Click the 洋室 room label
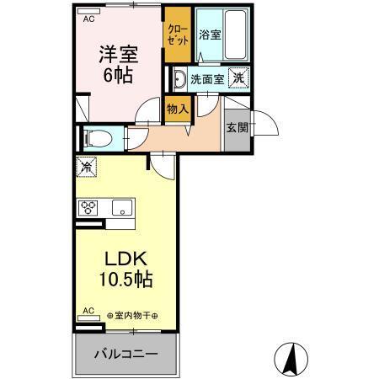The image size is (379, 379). point(118,54)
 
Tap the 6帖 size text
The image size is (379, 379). point(118,73)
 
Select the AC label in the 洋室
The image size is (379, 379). point(88,15)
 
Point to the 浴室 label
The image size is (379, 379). point(210,35)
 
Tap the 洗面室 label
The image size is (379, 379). point(206,80)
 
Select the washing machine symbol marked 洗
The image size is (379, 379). point(239,78)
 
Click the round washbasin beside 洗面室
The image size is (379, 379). point(179,80)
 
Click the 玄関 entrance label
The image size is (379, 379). point(236,127)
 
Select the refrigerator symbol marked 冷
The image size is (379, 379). point(86,167)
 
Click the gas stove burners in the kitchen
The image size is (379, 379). point(89,207)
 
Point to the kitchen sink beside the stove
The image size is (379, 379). point(123,208)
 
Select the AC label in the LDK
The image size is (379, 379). point(87,311)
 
